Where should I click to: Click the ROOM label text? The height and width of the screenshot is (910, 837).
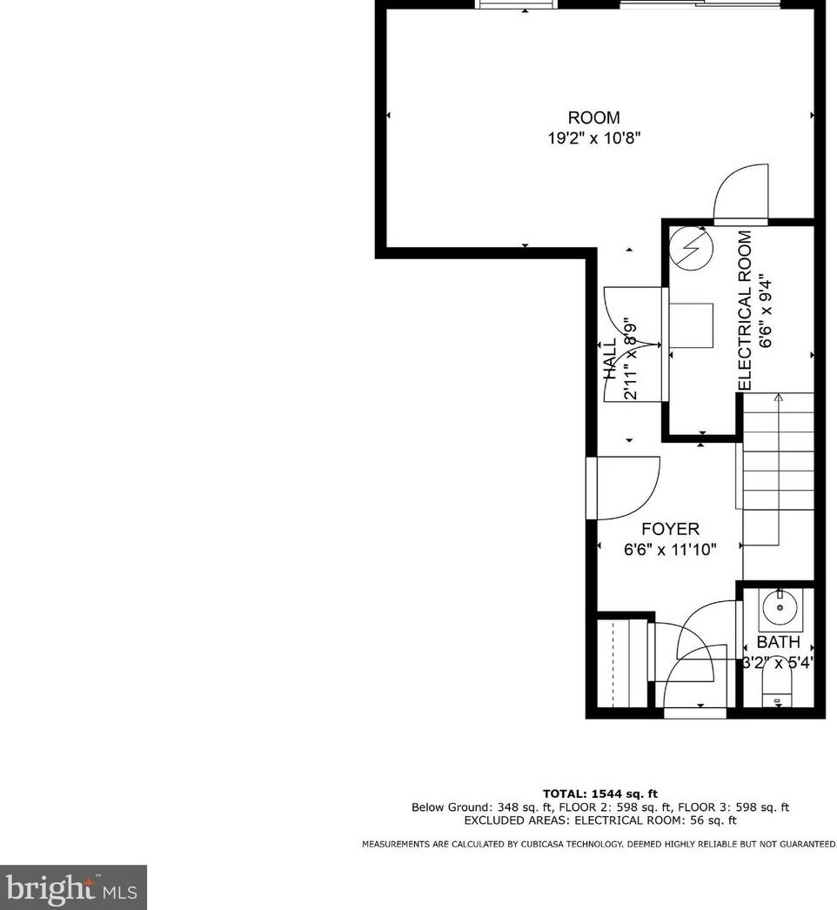coord(594,117)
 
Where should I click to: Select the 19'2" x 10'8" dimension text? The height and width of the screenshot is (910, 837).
coord(594,137)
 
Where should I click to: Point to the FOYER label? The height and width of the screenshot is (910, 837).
coord(670,529)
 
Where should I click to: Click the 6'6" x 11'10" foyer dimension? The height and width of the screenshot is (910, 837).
coord(670,550)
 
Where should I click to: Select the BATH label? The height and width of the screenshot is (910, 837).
coord(777,642)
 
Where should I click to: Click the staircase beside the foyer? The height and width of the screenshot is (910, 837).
coord(777,474)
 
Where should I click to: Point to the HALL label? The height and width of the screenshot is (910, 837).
coord(610,358)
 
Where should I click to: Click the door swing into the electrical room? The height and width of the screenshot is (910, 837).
coord(741,191)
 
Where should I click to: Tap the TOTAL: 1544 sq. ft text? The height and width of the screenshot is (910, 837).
coord(600,793)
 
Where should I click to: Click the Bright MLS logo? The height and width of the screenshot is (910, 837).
coord(73,887)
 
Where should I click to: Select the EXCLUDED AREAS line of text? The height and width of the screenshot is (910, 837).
coord(600,820)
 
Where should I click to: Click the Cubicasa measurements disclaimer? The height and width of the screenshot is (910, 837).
coord(599,844)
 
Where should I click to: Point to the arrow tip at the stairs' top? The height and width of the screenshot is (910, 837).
coord(778,397)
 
